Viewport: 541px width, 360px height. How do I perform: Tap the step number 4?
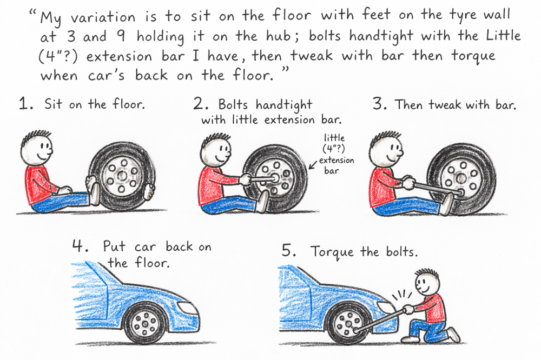81,246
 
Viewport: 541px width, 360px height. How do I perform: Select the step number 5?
289,250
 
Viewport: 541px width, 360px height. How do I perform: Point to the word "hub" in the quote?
278,36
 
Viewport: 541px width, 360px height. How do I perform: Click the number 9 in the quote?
121,36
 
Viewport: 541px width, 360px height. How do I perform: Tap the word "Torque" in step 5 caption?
332,252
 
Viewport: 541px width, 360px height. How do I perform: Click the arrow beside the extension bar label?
313,165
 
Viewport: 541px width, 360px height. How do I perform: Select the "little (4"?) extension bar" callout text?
335,154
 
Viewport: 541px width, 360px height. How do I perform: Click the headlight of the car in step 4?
186,307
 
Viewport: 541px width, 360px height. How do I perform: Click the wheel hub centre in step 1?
122,176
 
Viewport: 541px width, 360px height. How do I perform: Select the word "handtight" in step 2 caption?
284,105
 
